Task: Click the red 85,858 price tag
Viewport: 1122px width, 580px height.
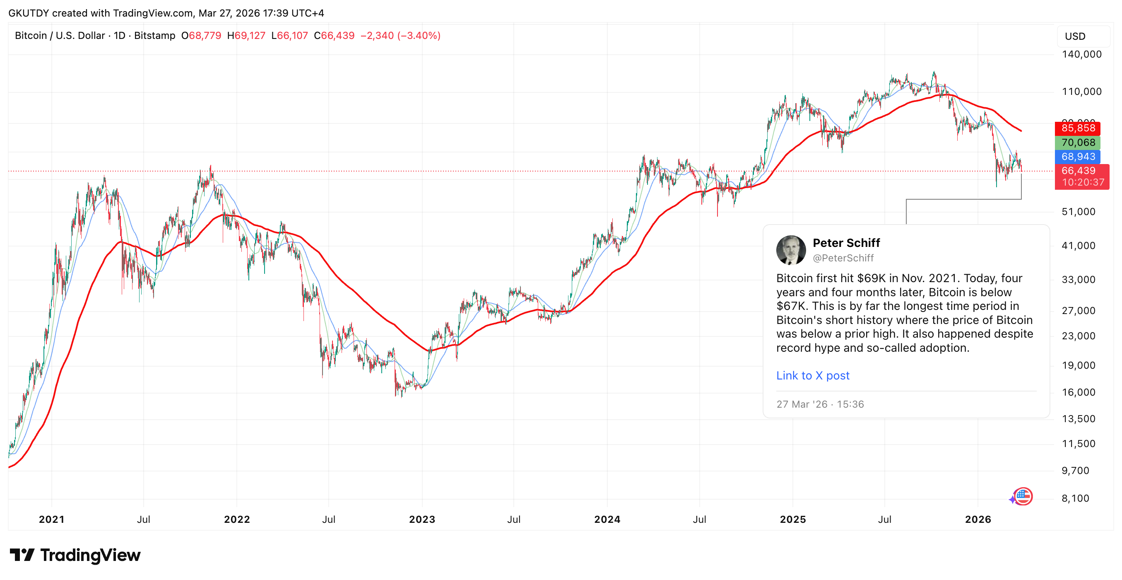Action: tap(1078, 128)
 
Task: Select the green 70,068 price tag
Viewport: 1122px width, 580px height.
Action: tap(1078, 143)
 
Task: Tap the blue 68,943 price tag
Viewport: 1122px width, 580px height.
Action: tap(1078, 157)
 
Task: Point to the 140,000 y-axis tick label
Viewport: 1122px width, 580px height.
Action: tap(1081, 54)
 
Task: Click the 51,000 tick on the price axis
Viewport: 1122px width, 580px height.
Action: tap(1079, 212)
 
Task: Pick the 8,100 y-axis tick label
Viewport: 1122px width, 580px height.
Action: tap(1075, 498)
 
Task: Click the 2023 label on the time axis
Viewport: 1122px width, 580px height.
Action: tap(421, 519)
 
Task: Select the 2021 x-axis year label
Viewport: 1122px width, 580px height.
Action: tap(51, 519)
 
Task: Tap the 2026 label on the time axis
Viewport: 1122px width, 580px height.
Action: tap(978, 519)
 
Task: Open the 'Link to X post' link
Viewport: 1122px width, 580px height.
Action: tap(813, 376)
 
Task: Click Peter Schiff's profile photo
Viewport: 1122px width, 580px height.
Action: tap(791, 250)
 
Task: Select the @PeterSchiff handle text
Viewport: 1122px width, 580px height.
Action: tap(843, 258)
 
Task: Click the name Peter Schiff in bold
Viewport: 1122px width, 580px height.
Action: tap(846, 243)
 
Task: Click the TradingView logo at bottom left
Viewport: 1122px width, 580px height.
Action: tap(75, 555)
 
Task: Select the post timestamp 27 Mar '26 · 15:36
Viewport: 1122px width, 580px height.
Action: tap(820, 404)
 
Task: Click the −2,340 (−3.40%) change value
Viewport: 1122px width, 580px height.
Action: tap(400, 36)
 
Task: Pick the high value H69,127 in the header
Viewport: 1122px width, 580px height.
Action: tap(246, 36)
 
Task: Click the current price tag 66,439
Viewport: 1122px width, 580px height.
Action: tap(1079, 171)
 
